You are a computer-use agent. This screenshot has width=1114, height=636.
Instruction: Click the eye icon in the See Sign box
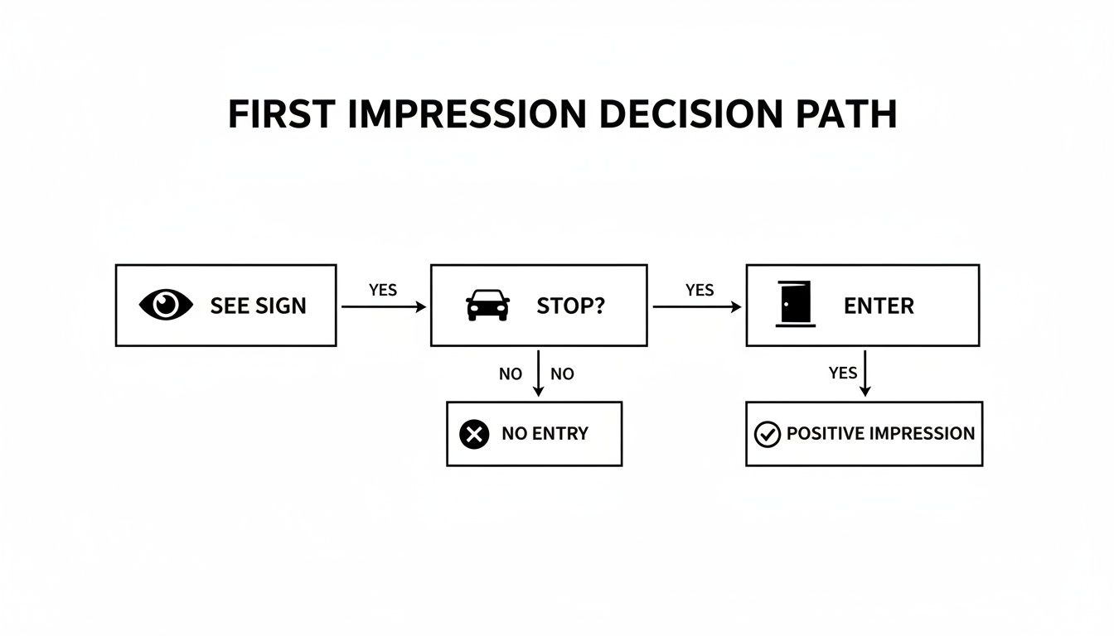coord(166,305)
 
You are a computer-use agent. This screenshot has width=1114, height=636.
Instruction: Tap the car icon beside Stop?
coord(488,305)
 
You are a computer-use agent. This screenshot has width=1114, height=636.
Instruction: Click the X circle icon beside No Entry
coord(474,434)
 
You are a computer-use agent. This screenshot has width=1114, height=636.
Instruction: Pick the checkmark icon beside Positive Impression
coord(768,434)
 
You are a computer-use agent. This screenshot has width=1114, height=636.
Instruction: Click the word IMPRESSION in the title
coord(467,114)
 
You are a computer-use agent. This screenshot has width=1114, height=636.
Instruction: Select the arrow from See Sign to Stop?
coord(383,306)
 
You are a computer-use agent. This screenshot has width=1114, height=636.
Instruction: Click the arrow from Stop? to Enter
coord(697,306)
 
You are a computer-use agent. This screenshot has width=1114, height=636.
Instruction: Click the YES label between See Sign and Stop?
coord(383,290)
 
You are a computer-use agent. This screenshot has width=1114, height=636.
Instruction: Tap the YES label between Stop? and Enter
coord(700,290)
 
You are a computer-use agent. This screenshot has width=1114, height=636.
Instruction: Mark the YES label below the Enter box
coord(843,373)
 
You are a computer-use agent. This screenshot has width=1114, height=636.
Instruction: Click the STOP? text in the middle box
coord(571,306)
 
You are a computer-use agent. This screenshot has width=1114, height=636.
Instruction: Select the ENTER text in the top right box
coord(879,306)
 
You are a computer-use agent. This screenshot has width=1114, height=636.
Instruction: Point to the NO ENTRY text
coord(545,434)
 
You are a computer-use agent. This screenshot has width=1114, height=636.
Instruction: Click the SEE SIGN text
coord(258,306)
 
